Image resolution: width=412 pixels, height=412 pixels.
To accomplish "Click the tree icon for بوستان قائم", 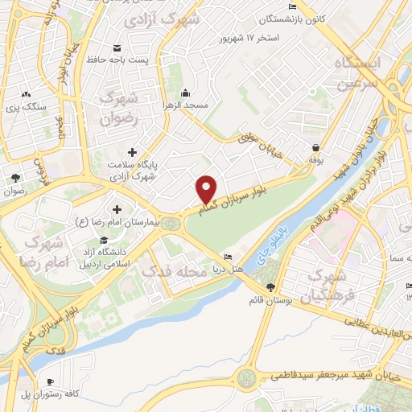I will click(270, 287).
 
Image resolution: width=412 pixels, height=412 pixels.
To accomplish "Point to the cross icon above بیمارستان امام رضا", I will click(117, 208).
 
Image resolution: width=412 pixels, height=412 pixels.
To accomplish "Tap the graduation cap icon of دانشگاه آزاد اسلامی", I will click(104, 240).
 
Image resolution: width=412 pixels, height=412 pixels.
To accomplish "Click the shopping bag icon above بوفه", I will click(315, 148).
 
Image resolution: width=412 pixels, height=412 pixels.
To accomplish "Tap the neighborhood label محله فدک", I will click(174, 271).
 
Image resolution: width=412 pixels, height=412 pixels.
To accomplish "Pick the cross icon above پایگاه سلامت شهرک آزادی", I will click(132, 151).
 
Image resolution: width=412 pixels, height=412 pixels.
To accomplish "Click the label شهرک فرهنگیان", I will click(328, 287).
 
